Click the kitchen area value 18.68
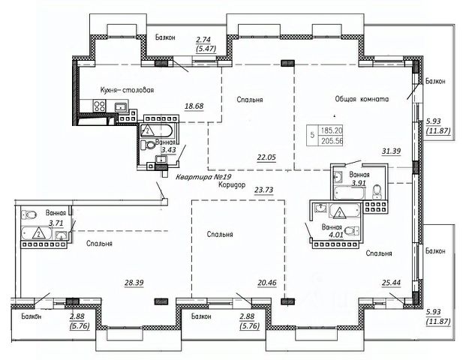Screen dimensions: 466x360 [x=194, y=106]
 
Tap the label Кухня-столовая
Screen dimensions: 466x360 [x=127, y=90]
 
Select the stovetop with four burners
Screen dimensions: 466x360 [x=100, y=106]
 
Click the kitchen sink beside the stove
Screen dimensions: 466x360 [x=121, y=106]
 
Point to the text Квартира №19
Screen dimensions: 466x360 [x=203, y=177]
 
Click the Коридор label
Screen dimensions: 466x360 [x=232, y=184]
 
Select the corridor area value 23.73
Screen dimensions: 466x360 [x=263, y=190]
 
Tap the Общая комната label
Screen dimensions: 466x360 [x=362, y=99]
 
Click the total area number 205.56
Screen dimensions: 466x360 [x=332, y=141]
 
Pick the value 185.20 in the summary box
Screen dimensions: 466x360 [x=332, y=130]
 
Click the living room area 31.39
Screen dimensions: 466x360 [x=391, y=151]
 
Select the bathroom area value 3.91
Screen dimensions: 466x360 [x=359, y=183]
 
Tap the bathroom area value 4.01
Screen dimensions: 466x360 [x=336, y=235]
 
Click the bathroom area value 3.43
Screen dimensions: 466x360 [x=169, y=150]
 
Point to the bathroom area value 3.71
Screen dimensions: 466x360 [x=56, y=223]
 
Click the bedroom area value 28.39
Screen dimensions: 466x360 [x=134, y=283]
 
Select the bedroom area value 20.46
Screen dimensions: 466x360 [x=267, y=283]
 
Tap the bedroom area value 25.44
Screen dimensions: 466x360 [x=391, y=283]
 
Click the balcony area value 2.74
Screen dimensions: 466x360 [x=203, y=40]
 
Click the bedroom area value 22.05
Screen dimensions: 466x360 [x=266, y=157]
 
